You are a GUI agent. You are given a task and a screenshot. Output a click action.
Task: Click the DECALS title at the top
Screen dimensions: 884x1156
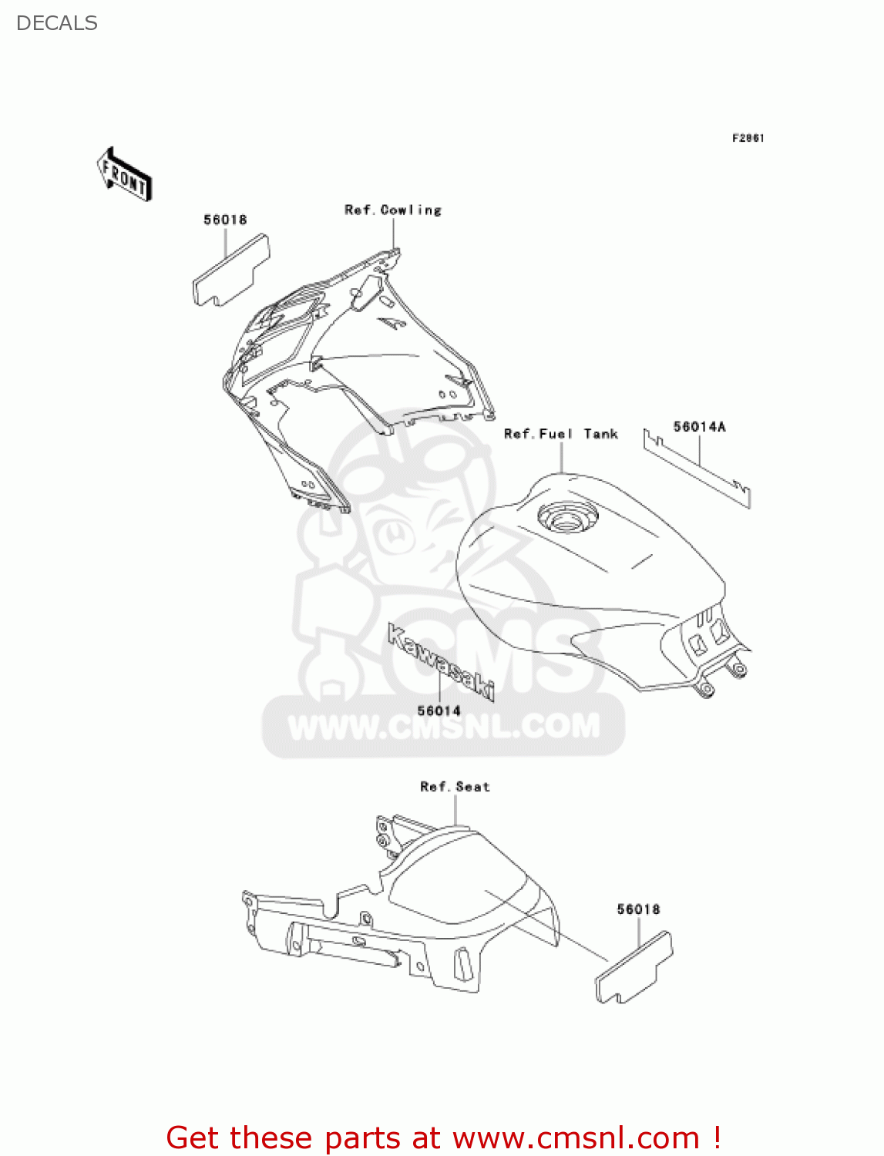[x=57, y=23]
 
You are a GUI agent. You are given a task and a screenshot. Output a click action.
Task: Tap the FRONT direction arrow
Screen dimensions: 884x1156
[x=124, y=175]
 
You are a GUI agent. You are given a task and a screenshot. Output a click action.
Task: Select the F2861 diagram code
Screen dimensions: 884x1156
[x=748, y=138]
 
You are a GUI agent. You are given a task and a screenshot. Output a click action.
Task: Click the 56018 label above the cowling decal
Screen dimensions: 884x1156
[x=225, y=220]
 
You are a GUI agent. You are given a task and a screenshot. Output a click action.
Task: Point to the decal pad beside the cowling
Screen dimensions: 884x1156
[x=230, y=270]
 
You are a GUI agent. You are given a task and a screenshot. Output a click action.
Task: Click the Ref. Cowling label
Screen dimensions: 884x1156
[x=393, y=210]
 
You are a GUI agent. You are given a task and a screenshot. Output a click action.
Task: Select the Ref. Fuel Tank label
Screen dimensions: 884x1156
[x=560, y=435]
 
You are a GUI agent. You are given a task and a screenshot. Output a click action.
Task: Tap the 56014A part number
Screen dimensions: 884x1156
[x=699, y=427]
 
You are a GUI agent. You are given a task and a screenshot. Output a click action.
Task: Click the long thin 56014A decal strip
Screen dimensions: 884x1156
[x=697, y=469]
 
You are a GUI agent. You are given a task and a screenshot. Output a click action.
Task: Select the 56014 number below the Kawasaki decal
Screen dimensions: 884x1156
[x=439, y=711]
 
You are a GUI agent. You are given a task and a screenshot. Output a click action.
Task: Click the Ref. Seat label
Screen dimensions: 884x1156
[x=455, y=787]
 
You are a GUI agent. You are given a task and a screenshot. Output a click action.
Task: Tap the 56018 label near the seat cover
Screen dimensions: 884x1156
[x=638, y=909]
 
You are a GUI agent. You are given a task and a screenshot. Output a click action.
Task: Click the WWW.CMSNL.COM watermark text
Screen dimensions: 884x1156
[x=444, y=727]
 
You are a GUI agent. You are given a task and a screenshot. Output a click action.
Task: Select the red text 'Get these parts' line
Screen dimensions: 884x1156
[x=444, y=1138]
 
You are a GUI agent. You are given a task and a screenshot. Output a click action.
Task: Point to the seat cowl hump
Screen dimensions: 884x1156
[x=462, y=886]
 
